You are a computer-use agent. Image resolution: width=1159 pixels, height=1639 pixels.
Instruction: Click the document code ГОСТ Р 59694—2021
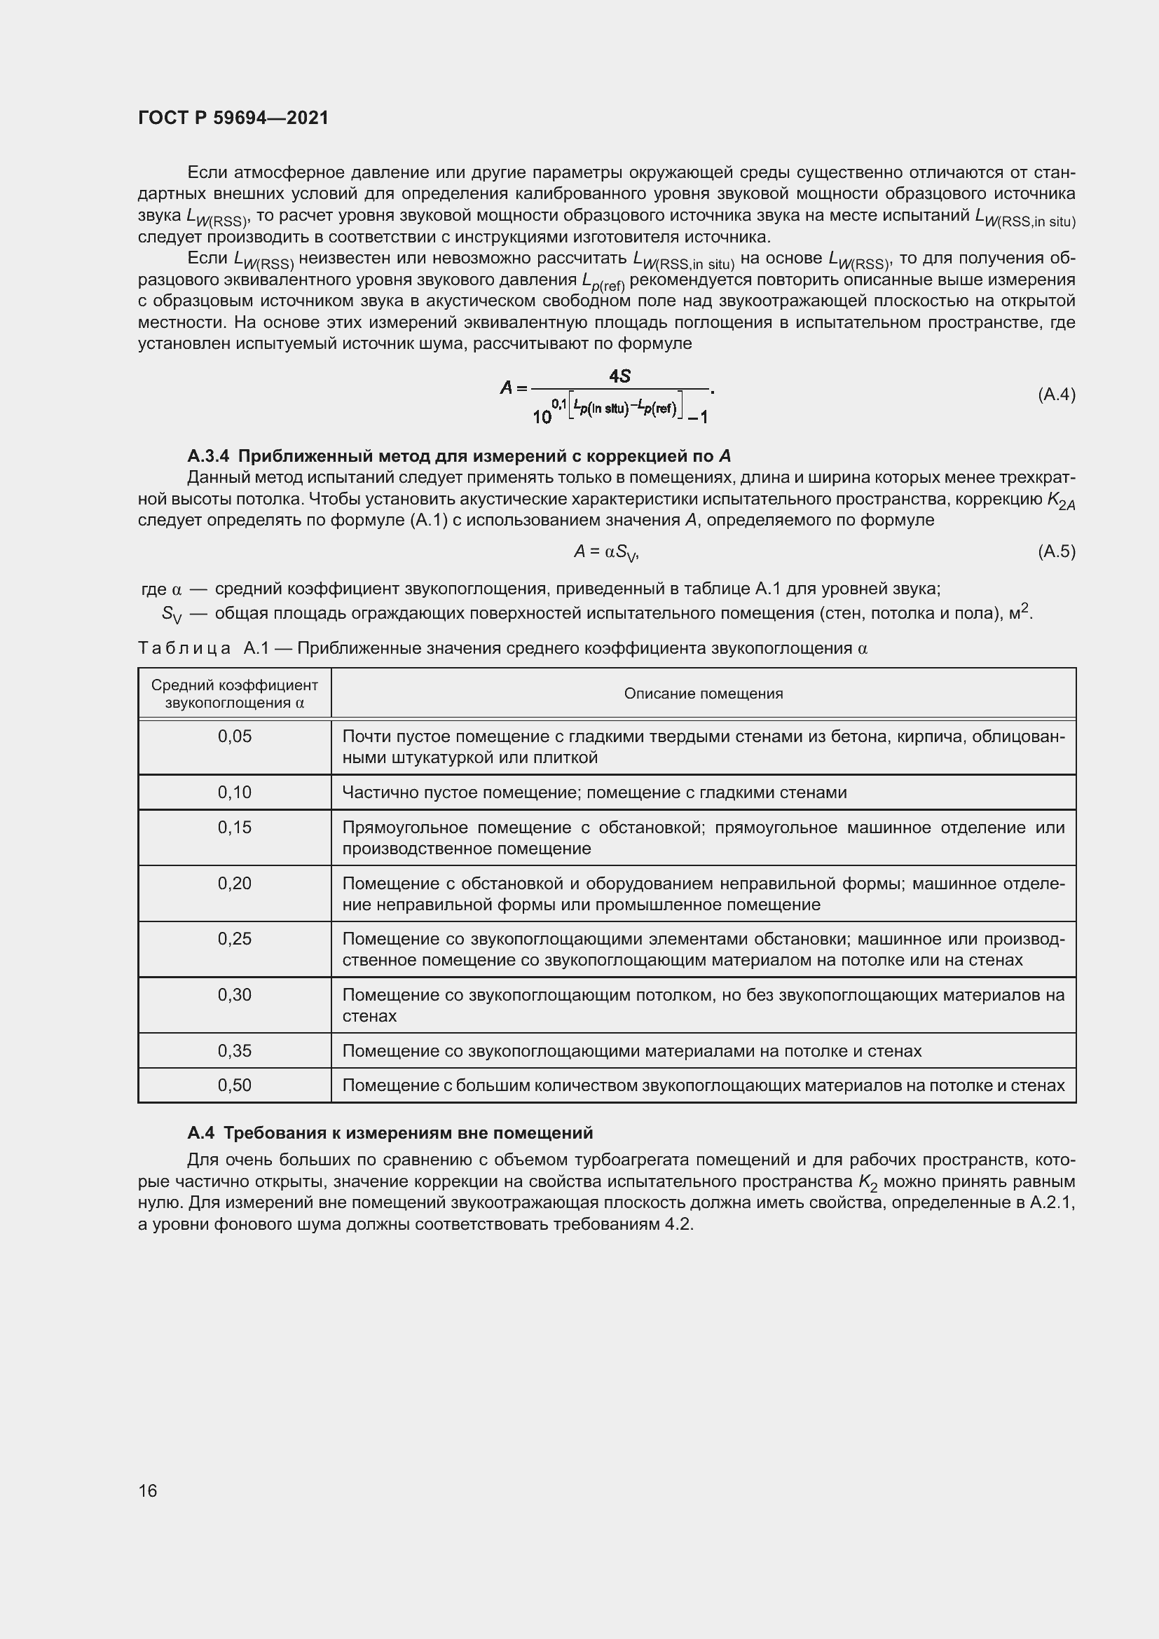(x=233, y=118)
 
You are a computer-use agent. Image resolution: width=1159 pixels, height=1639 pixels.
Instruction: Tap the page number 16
(x=148, y=1490)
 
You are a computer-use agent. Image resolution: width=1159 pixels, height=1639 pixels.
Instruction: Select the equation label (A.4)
(x=1056, y=394)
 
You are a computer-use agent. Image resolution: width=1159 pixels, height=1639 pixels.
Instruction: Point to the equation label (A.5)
(x=1056, y=551)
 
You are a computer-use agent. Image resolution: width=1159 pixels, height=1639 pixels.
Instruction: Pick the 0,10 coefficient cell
(x=235, y=793)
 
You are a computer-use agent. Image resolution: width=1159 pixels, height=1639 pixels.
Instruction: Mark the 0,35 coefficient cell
(x=235, y=1051)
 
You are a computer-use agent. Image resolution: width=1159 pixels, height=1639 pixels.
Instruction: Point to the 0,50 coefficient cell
(x=235, y=1085)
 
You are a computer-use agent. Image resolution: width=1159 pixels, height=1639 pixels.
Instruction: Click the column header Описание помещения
(x=703, y=694)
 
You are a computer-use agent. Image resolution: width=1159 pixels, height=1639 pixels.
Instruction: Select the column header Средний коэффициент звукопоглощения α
(x=235, y=694)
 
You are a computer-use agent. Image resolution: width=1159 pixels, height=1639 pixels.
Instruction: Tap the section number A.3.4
(x=208, y=456)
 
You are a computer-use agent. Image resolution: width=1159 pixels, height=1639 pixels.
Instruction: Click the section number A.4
(x=201, y=1133)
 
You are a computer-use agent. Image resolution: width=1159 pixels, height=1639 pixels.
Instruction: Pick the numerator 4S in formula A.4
(x=619, y=376)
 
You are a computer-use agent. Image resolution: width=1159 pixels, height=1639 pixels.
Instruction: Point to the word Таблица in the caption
(x=184, y=648)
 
